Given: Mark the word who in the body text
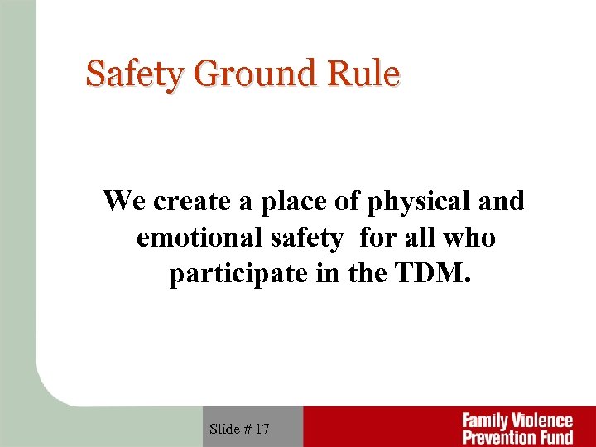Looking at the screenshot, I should pos(469,238).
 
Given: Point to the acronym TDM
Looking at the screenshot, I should pos(433,274).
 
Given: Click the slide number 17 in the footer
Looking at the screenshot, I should pos(262,429).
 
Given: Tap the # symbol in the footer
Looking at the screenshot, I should pos(248,429).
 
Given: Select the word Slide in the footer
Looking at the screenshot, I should pos(225,429).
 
